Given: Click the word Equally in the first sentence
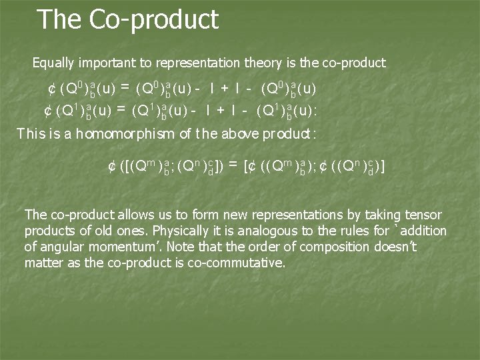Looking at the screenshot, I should (53, 63).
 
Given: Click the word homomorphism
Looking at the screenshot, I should (126, 133).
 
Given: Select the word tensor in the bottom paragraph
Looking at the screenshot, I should (423, 215).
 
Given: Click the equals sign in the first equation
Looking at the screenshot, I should (125, 87).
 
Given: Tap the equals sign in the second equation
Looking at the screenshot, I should (121, 108).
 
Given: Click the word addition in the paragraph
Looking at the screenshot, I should (423, 231).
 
